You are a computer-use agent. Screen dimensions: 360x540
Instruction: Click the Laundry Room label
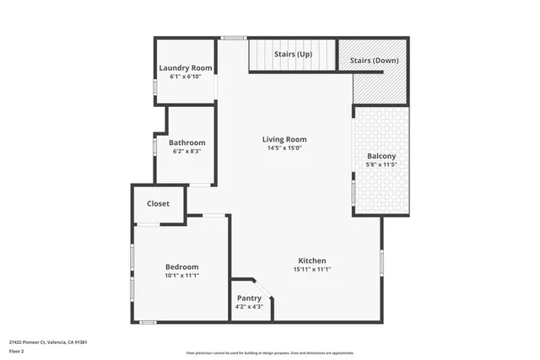pyautogui.click(x=186, y=68)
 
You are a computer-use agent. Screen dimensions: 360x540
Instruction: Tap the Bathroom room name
pyautogui.click(x=186, y=142)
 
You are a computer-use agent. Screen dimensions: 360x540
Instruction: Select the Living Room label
pyautogui.click(x=283, y=139)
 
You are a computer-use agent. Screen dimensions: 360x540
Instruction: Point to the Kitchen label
pyautogui.click(x=311, y=261)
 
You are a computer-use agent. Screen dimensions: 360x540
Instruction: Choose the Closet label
pyautogui.click(x=158, y=204)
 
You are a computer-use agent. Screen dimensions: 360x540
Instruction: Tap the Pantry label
pyautogui.click(x=249, y=298)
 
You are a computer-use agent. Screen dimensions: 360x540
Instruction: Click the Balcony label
pyautogui.click(x=381, y=156)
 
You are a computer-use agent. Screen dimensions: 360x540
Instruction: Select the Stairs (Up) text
pyautogui.click(x=293, y=55)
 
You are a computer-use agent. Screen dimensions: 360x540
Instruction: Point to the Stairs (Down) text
pyautogui.click(x=373, y=61)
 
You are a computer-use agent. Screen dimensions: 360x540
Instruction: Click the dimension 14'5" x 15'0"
pyautogui.click(x=283, y=148)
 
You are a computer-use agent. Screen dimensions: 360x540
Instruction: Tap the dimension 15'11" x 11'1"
pyautogui.click(x=311, y=270)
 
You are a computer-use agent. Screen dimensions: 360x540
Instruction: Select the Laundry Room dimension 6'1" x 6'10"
pyautogui.click(x=186, y=77)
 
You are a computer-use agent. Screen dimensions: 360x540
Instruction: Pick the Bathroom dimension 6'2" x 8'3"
pyautogui.click(x=186, y=152)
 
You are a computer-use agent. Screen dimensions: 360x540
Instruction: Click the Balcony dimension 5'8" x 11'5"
pyautogui.click(x=381, y=165)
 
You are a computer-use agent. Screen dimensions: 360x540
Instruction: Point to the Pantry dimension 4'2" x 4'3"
pyautogui.click(x=249, y=307)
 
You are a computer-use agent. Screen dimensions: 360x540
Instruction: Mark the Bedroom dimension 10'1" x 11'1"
pyautogui.click(x=181, y=276)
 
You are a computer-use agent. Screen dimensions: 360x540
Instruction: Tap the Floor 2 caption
pyautogui.click(x=17, y=351)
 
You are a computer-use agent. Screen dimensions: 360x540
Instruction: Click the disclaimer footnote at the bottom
pyautogui.click(x=270, y=353)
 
